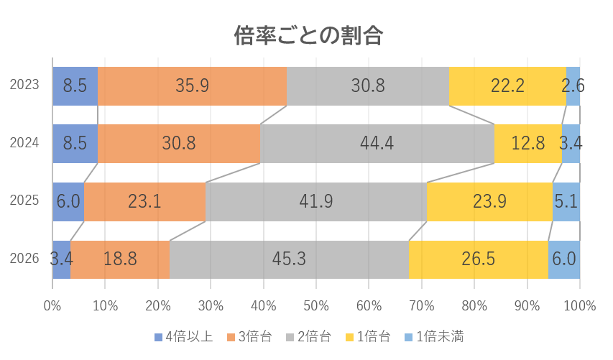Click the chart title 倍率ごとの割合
[x=308, y=34]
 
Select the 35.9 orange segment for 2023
[x=192, y=86]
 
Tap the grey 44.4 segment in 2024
[x=377, y=144]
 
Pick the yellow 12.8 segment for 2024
[x=528, y=144]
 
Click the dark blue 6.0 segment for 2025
[x=68, y=202]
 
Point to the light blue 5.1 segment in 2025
[x=566, y=202]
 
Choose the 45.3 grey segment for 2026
[x=289, y=259]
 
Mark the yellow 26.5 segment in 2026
[x=479, y=259]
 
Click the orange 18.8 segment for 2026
[x=120, y=259]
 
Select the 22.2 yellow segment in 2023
[x=507, y=86]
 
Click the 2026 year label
[x=24, y=259]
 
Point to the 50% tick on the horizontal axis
[x=316, y=305]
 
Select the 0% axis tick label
[x=52, y=305]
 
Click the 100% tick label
[x=580, y=305]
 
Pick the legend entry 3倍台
[x=249, y=336]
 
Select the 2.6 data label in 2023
[x=573, y=86]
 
